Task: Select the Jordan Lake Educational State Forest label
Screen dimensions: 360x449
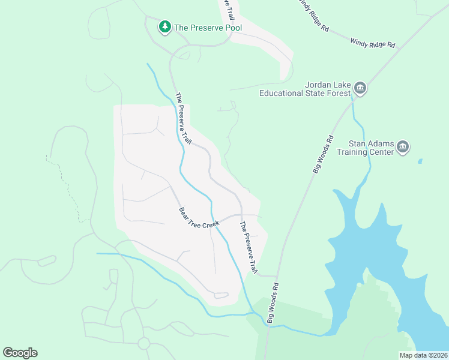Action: click(x=304, y=89)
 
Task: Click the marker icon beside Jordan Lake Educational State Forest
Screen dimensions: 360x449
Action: click(x=360, y=89)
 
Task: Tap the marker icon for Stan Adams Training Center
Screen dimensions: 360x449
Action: click(x=403, y=147)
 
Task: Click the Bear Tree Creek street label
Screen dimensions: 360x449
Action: click(x=200, y=217)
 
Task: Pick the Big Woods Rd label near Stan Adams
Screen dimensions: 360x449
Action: click(x=322, y=155)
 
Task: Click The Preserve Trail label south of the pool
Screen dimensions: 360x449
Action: click(x=183, y=118)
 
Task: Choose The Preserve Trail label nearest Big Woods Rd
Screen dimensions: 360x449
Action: click(x=249, y=248)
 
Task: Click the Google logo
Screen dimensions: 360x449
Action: click(x=20, y=352)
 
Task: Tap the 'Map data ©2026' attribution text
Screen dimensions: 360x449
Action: click(x=423, y=355)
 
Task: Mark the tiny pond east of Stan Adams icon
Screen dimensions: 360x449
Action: click(x=420, y=161)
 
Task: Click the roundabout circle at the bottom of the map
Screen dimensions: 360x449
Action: click(x=143, y=343)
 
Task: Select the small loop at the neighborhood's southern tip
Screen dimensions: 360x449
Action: click(x=220, y=295)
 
